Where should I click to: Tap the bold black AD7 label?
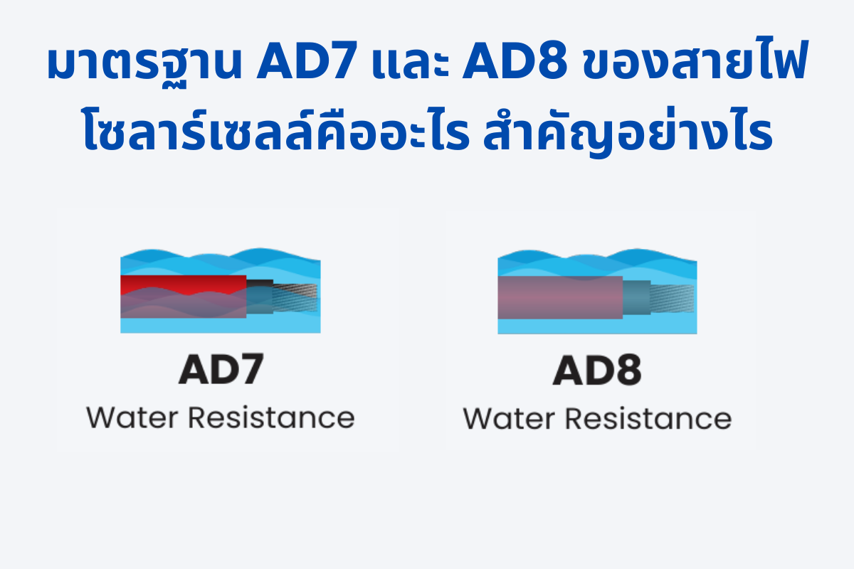click(221, 369)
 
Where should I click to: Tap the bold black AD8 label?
click(597, 370)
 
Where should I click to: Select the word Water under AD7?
click(132, 418)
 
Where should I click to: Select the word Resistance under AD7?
click(271, 418)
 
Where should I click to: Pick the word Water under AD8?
click(509, 419)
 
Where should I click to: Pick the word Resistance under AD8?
click(648, 418)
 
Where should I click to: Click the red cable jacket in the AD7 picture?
click(183, 284)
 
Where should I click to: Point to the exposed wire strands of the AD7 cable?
click(295, 297)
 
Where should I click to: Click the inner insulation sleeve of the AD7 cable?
click(260, 297)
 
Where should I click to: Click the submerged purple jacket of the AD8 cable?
click(560, 297)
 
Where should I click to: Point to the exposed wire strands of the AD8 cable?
click(672, 298)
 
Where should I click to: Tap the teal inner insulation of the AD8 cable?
click(637, 297)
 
